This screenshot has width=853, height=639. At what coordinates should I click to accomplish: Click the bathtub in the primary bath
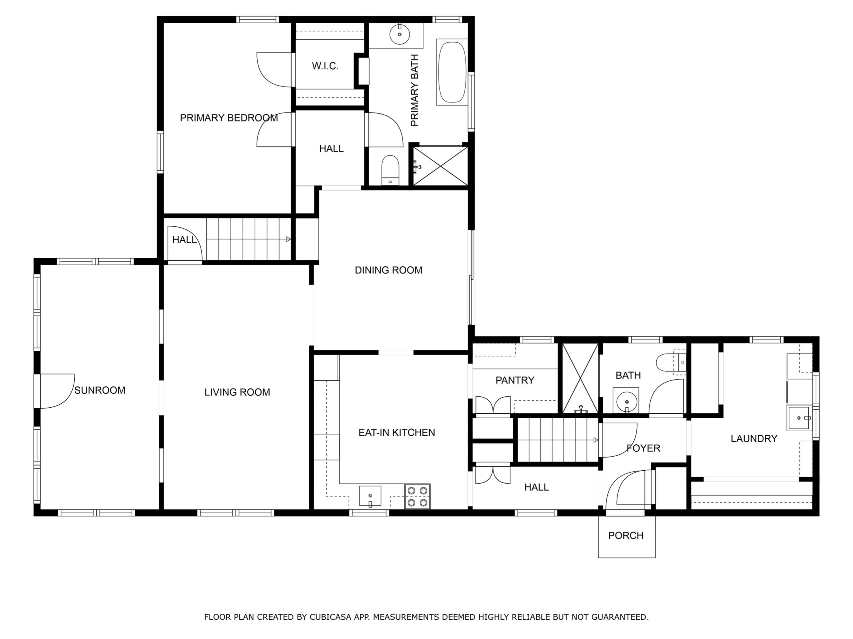452,72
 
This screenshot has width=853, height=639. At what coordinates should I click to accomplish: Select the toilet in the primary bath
390,170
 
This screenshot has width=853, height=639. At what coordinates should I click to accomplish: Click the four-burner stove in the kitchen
417,497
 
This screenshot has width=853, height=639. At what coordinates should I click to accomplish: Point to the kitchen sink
370,496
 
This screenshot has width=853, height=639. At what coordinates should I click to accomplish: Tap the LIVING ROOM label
237,392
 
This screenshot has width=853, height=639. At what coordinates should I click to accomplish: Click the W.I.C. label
325,66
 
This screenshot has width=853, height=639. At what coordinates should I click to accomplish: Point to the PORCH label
626,535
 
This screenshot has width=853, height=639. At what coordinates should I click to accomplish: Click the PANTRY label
515,380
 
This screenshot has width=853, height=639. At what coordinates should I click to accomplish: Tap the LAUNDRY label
754,438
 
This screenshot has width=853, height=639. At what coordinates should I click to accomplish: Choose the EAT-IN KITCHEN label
397,433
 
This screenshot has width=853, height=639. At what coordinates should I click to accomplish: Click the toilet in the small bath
671,362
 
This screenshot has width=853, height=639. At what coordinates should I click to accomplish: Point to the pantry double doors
493,405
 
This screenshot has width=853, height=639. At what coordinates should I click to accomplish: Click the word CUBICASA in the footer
331,617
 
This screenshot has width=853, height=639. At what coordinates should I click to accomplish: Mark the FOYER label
643,448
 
